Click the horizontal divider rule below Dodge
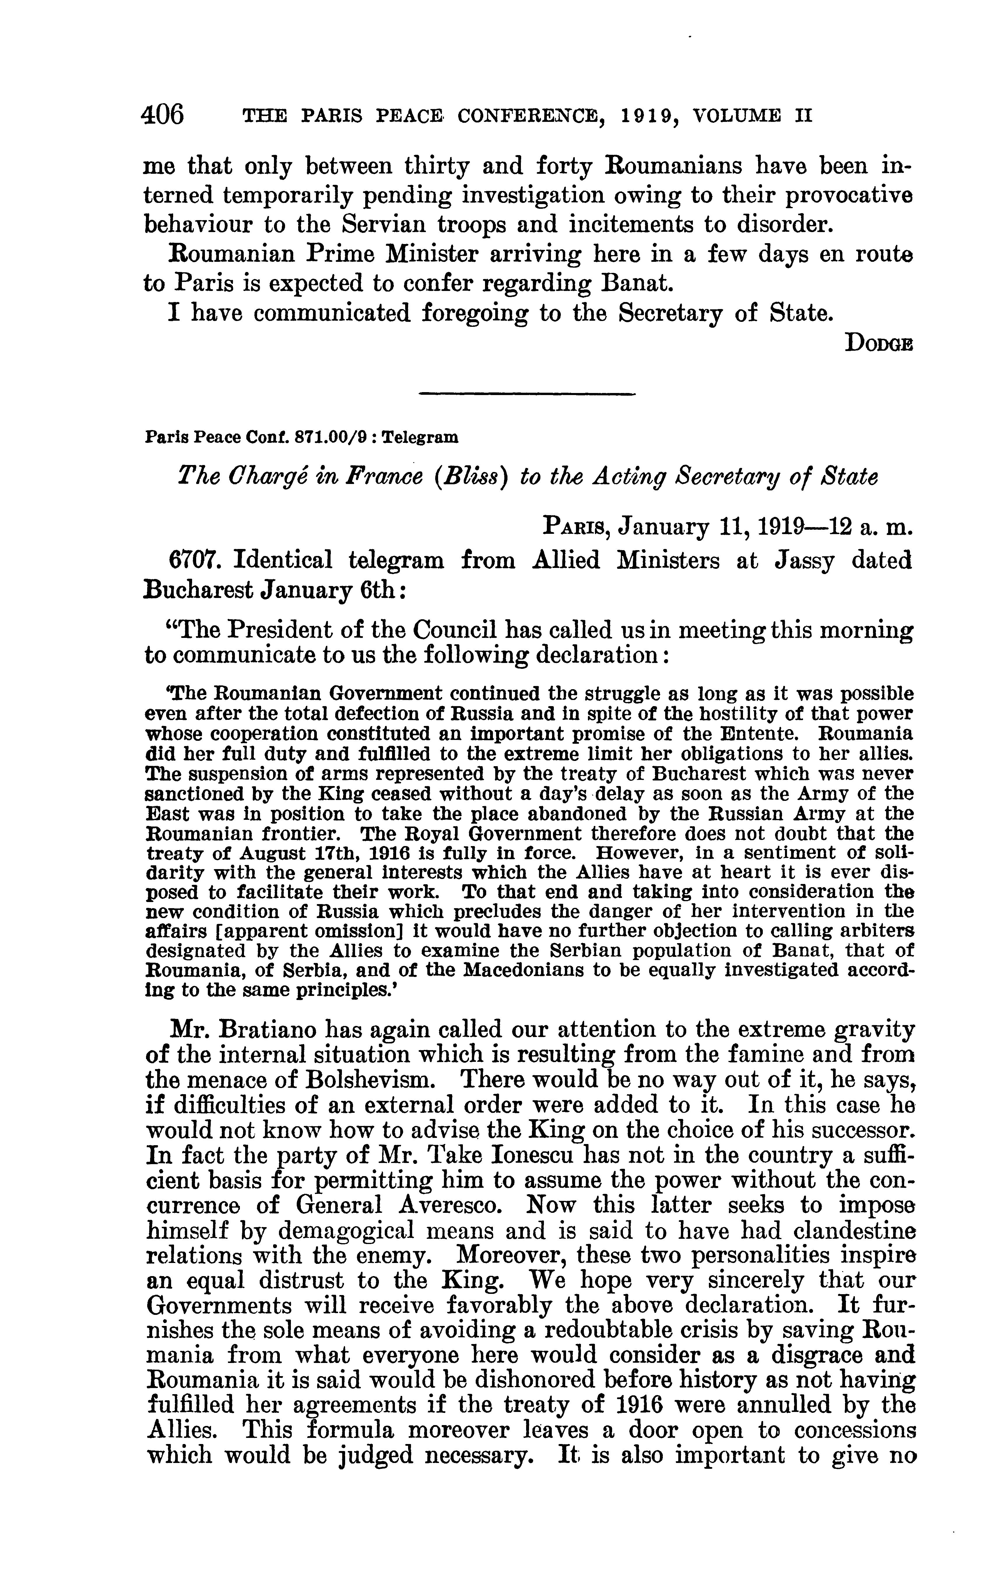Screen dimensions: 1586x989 526,394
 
